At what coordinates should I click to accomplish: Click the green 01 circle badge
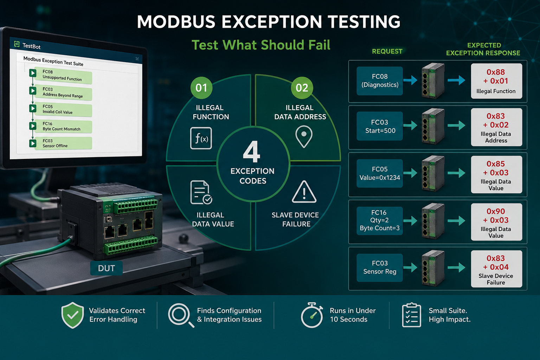pos(201,88)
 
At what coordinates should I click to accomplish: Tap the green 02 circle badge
pos(302,88)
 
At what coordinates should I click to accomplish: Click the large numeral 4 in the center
pos(252,152)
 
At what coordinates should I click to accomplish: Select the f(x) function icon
pos(201,138)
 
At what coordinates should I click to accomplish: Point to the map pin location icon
pos(304,136)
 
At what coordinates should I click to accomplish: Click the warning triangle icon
pos(304,192)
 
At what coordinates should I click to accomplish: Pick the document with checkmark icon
pos(201,192)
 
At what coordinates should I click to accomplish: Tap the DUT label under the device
pos(106,268)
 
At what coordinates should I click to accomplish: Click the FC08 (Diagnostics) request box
pos(380,81)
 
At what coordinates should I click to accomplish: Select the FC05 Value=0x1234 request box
pos(380,173)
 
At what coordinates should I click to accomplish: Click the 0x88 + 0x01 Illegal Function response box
pos(497,81)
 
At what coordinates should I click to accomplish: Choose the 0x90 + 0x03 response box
pos(497,222)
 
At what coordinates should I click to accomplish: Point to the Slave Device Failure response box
pos(497,269)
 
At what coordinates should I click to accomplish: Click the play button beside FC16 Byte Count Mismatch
pos(33,126)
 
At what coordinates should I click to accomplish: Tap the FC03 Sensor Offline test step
pos(63,143)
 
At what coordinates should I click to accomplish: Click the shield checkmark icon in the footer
pos(72,315)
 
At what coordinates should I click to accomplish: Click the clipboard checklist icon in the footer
pos(412,315)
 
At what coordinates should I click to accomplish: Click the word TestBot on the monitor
pos(31,46)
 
